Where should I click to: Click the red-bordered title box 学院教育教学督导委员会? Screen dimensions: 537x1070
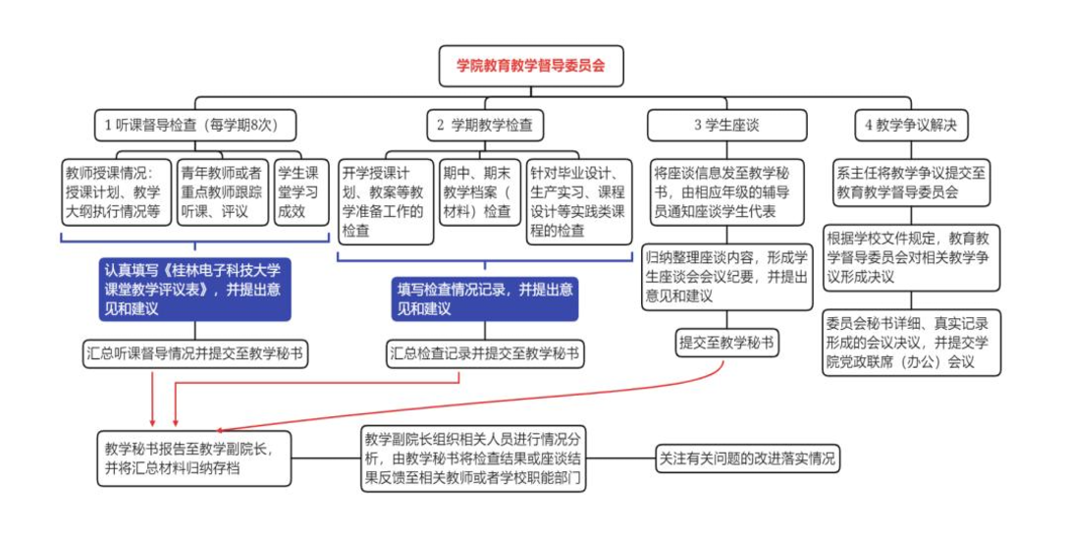pos(530,66)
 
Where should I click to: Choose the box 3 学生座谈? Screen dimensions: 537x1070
pos(726,125)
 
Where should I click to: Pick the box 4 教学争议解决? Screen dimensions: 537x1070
pos(911,125)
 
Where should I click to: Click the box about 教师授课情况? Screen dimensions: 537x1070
pos(115,188)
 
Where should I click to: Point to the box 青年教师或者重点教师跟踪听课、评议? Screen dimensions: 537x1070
pos(222,188)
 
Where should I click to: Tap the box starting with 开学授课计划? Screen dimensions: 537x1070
pos(383,196)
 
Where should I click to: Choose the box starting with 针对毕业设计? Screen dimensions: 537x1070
pos(577,196)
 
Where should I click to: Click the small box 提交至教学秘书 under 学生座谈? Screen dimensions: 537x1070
pos(726,343)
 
